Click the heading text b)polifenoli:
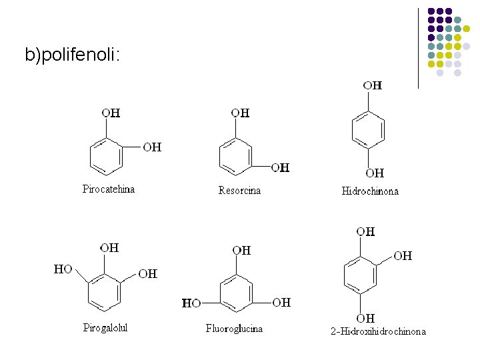(73, 55)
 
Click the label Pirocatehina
(109, 189)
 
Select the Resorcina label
(239, 191)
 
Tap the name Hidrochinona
(370, 191)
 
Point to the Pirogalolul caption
(105, 327)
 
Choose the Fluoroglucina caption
(234, 329)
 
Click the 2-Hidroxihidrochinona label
(378, 331)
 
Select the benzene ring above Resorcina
(236, 156)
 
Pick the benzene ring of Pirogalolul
(104, 292)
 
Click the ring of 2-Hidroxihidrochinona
(360, 275)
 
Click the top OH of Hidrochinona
(373, 85)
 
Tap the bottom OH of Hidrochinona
(375, 173)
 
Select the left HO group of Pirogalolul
(63, 269)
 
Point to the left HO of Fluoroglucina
(191, 303)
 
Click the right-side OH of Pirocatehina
(152, 147)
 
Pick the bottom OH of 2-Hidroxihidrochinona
(365, 318)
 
